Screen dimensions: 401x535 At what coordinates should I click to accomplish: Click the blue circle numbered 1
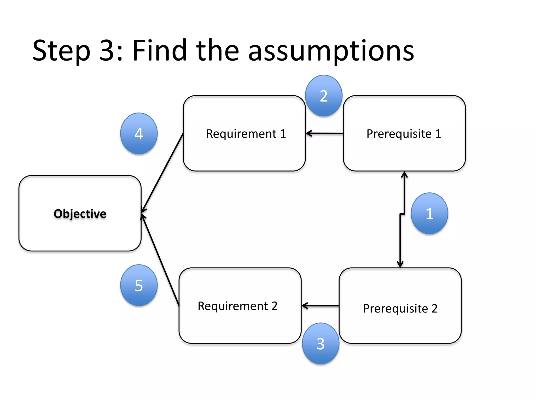pos(429,213)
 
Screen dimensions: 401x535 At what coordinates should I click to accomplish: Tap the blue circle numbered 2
pos(324,96)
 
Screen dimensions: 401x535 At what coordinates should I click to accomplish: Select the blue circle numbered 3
pos(321,343)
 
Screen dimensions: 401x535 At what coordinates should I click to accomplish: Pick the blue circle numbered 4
pos(139,133)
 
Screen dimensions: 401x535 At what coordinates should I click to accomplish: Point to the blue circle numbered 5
pos(139,285)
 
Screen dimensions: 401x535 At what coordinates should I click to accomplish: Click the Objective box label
pos(80,214)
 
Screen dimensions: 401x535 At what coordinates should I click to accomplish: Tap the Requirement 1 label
pos(246,134)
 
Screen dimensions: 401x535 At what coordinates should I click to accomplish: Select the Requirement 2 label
pos(237,306)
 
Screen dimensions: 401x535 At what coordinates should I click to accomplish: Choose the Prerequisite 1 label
pos(404,134)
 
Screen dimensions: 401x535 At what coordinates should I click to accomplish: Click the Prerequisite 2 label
pos(400,308)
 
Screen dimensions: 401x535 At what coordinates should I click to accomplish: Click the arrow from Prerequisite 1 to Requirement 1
pos(324,133)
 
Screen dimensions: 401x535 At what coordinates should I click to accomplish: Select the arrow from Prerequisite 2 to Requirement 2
pos(320,305)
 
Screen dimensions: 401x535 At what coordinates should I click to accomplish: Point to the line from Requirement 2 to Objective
pos(160,260)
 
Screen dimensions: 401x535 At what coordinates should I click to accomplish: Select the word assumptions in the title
pos(331,51)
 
